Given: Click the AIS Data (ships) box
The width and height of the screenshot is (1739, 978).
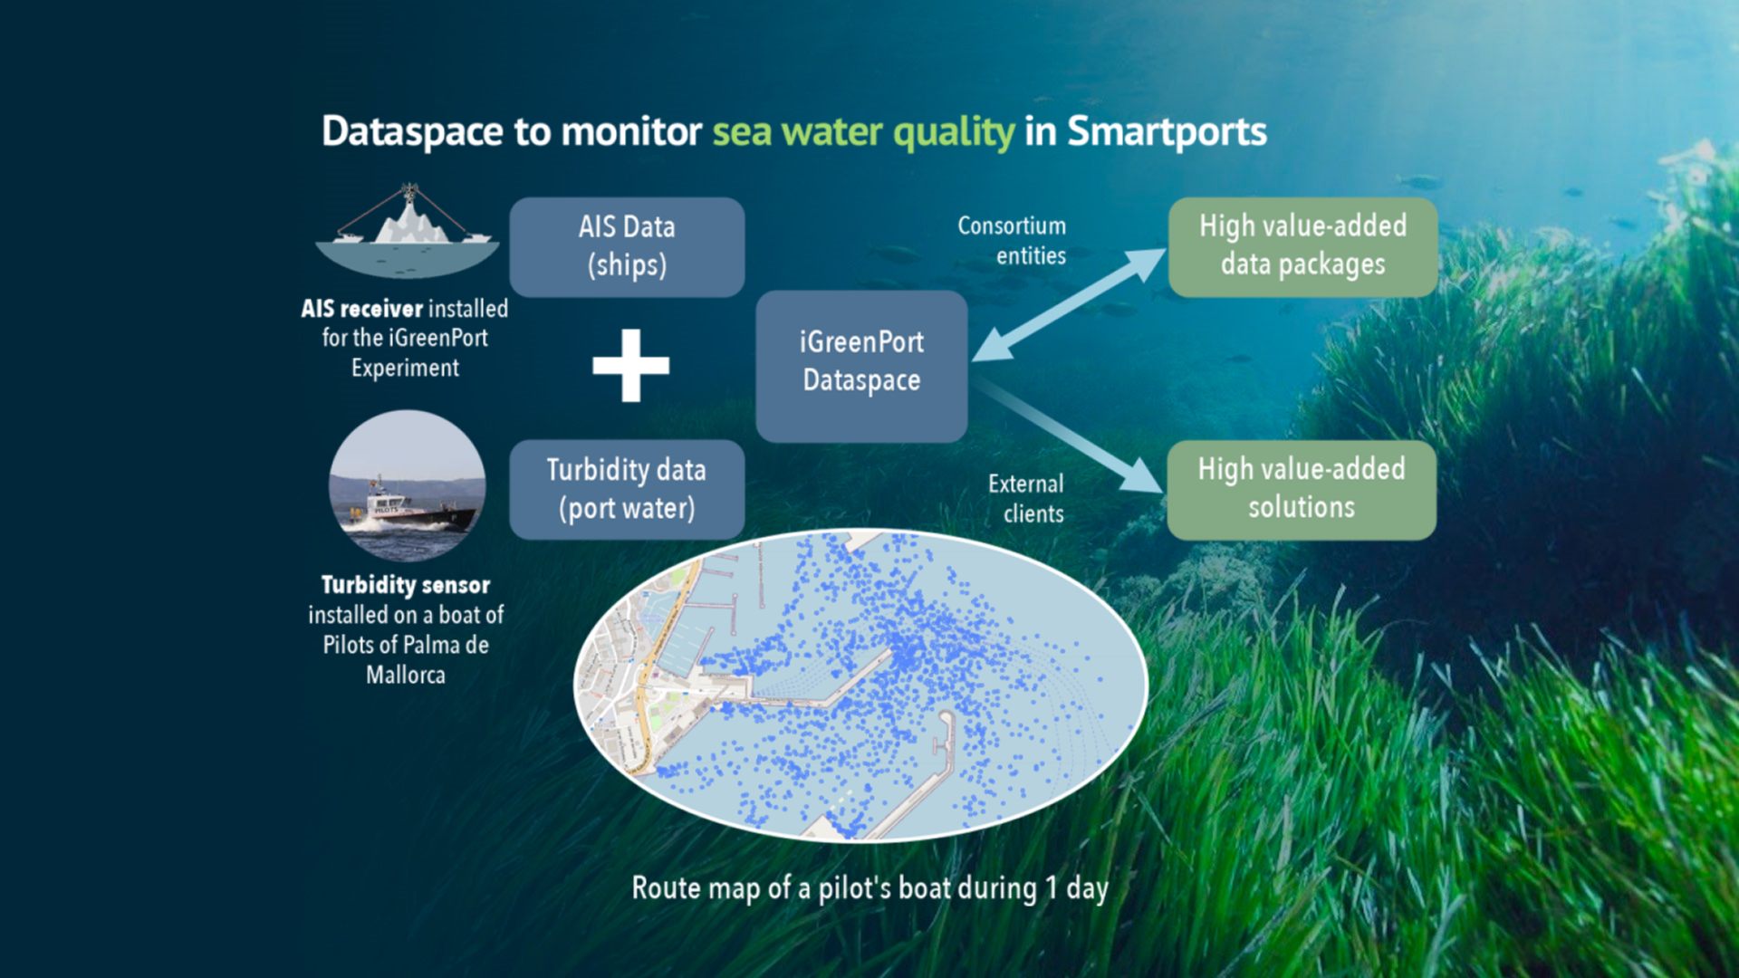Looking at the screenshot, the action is click(x=627, y=247).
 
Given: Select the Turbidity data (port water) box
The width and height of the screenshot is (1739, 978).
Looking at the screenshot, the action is click(x=627, y=490).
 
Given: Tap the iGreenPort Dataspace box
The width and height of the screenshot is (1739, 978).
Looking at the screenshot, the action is click(x=861, y=366).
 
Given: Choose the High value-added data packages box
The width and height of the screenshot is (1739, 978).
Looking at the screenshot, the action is click(x=1302, y=247).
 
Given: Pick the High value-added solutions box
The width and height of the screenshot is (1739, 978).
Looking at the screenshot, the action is click(x=1302, y=490).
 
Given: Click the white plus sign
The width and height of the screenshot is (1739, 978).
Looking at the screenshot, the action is click(x=631, y=365).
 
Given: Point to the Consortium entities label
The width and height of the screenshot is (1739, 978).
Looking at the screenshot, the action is click(x=1012, y=241).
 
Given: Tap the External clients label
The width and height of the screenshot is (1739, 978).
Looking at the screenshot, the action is click(x=1026, y=498).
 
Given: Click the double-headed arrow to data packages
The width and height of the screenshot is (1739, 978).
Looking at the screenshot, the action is click(x=1069, y=305).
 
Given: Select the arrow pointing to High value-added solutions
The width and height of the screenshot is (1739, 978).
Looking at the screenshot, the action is click(x=1069, y=436).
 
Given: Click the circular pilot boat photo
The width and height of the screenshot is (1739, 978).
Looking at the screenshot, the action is click(x=407, y=486).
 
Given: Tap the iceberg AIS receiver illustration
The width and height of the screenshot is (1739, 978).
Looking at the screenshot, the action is click(x=407, y=230).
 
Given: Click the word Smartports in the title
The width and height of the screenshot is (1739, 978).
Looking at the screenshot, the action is click(x=1167, y=132).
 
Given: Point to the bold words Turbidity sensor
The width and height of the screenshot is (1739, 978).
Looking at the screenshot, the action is click(x=406, y=586).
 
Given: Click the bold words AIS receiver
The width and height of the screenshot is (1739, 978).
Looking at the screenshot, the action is click(x=361, y=309).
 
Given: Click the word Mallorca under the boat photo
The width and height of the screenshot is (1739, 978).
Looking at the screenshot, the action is click(x=406, y=675).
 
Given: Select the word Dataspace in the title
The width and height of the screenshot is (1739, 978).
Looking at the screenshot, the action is click(x=413, y=132).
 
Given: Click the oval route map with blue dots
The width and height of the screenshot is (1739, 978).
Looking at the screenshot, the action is click(x=861, y=686).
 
